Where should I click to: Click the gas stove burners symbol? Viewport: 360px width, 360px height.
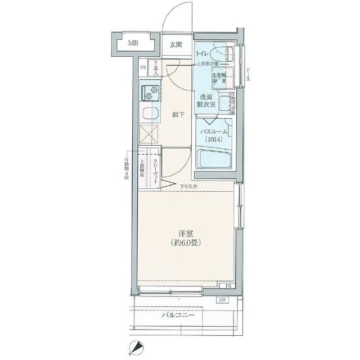[150, 92]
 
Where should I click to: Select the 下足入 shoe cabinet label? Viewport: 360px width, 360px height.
[156, 67]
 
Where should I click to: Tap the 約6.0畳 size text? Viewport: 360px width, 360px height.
[186, 243]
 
